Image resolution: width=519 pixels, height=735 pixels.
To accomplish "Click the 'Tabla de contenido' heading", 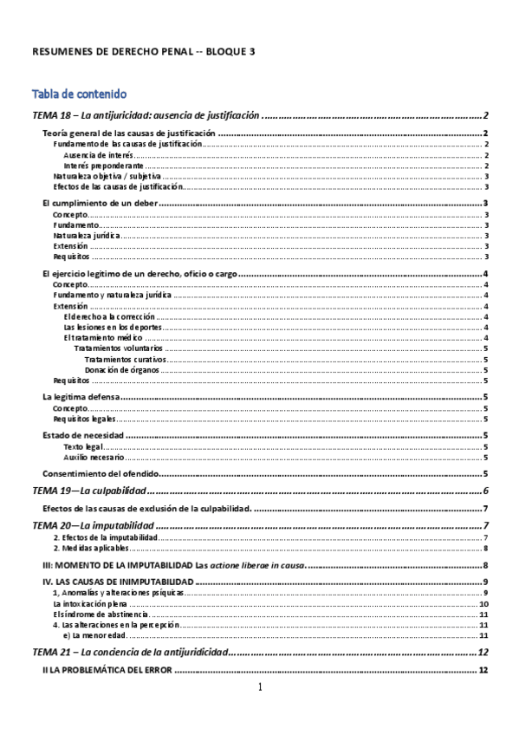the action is pyautogui.click(x=80, y=94).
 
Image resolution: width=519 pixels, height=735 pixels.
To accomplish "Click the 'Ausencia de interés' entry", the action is pyautogui.click(x=98, y=154).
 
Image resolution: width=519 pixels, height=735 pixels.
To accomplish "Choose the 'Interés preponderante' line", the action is pyautogui.click(x=103, y=165).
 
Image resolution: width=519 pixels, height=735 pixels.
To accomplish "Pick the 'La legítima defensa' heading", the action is pyautogui.click(x=81, y=397).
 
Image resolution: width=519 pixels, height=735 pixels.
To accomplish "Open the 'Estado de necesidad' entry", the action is pyautogui.click(x=82, y=435).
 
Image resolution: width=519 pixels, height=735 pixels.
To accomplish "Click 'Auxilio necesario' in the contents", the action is pyautogui.click(x=94, y=456).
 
